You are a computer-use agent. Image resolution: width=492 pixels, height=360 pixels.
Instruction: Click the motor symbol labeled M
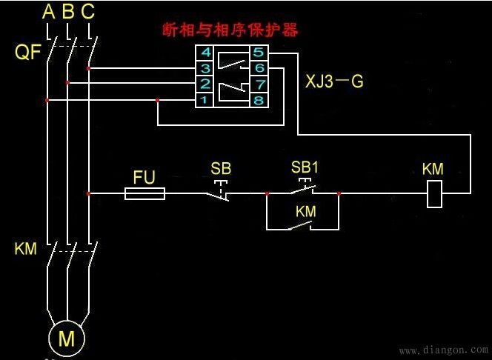(67, 339)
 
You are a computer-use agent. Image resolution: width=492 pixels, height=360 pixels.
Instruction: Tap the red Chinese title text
(230, 31)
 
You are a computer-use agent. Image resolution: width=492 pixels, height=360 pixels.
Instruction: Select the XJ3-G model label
(334, 81)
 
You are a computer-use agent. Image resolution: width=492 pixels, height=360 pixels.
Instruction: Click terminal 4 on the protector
(206, 53)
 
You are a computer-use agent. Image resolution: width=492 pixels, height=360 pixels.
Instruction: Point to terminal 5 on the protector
(258, 53)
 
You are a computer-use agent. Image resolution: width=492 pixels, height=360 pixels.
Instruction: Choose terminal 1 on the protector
(206, 99)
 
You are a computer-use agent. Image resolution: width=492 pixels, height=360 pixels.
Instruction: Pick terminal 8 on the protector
(258, 99)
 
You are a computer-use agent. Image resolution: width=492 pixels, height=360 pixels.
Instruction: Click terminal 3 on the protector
(206, 69)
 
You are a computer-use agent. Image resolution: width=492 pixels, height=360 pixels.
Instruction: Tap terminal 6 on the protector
(258, 69)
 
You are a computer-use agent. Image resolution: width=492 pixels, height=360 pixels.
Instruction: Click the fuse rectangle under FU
(144, 193)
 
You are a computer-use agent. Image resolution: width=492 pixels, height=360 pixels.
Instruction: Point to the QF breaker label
(28, 53)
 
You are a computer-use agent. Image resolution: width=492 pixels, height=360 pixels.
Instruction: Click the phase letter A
(49, 12)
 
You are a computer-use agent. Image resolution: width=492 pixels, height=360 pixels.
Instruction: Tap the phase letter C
(87, 12)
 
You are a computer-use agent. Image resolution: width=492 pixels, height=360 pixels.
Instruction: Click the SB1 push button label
(305, 167)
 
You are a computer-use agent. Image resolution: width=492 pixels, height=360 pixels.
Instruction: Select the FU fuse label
(144, 178)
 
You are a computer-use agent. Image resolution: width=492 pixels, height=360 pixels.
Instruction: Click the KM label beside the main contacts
(25, 249)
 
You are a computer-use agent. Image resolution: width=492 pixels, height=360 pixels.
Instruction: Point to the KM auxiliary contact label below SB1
(305, 212)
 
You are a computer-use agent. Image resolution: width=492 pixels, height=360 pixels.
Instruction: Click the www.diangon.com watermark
(442, 349)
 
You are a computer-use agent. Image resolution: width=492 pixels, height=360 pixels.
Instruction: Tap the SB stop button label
(221, 169)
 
